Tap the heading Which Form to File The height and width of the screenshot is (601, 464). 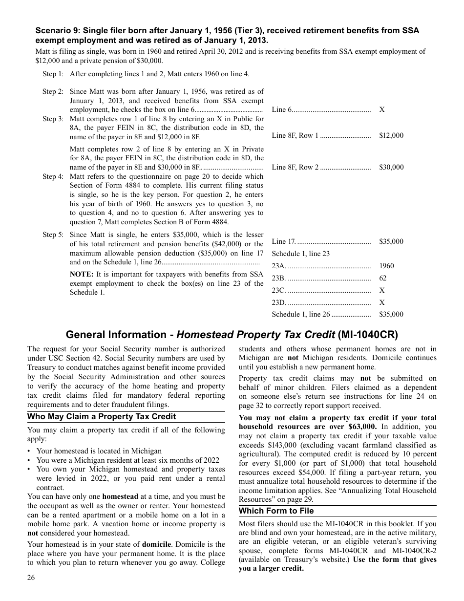[x=276, y=511]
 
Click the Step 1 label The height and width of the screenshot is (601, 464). [x=53, y=74]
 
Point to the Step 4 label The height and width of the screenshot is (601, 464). [x=53, y=176]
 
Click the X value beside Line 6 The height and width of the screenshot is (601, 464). [x=381, y=109]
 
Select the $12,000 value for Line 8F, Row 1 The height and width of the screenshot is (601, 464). [x=391, y=135]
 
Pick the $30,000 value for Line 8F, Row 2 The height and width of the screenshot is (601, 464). [x=391, y=167]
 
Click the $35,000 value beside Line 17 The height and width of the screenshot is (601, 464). [x=391, y=241]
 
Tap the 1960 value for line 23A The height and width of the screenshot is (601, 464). [x=386, y=266]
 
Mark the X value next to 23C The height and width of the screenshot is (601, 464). [x=381, y=290]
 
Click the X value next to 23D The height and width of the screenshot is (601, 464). [x=381, y=302]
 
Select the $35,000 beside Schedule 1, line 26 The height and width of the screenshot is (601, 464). [x=391, y=315]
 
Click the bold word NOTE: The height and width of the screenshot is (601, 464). [x=82, y=275]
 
